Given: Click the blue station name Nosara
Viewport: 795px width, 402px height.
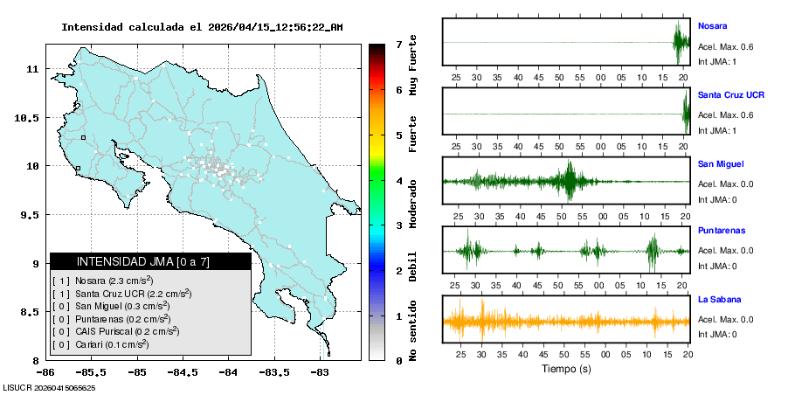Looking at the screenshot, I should click(712, 26).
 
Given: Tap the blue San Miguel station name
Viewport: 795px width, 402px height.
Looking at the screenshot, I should click(718, 163).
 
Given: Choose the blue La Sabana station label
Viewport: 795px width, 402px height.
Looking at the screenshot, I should click(716, 299).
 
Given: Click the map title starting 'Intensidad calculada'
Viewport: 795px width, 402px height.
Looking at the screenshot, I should click(202, 27).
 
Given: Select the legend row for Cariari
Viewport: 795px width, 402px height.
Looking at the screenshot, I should click(100, 345).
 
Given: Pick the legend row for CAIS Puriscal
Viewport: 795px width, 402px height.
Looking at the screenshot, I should click(115, 332).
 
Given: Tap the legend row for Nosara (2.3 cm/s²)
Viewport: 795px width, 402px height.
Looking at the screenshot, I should click(103, 281).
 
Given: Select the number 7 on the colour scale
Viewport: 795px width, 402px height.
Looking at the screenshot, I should click(398, 44).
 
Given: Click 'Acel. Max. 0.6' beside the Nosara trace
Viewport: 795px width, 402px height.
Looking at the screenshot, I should click(726, 47).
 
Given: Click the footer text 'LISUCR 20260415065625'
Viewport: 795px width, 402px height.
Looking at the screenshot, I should click(49, 387).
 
